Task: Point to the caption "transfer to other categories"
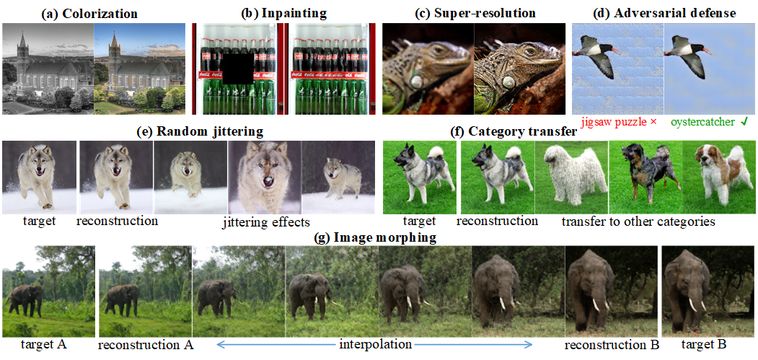tap(638, 221)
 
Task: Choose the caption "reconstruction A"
tap(146, 344)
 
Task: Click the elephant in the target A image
tap(26, 298)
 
